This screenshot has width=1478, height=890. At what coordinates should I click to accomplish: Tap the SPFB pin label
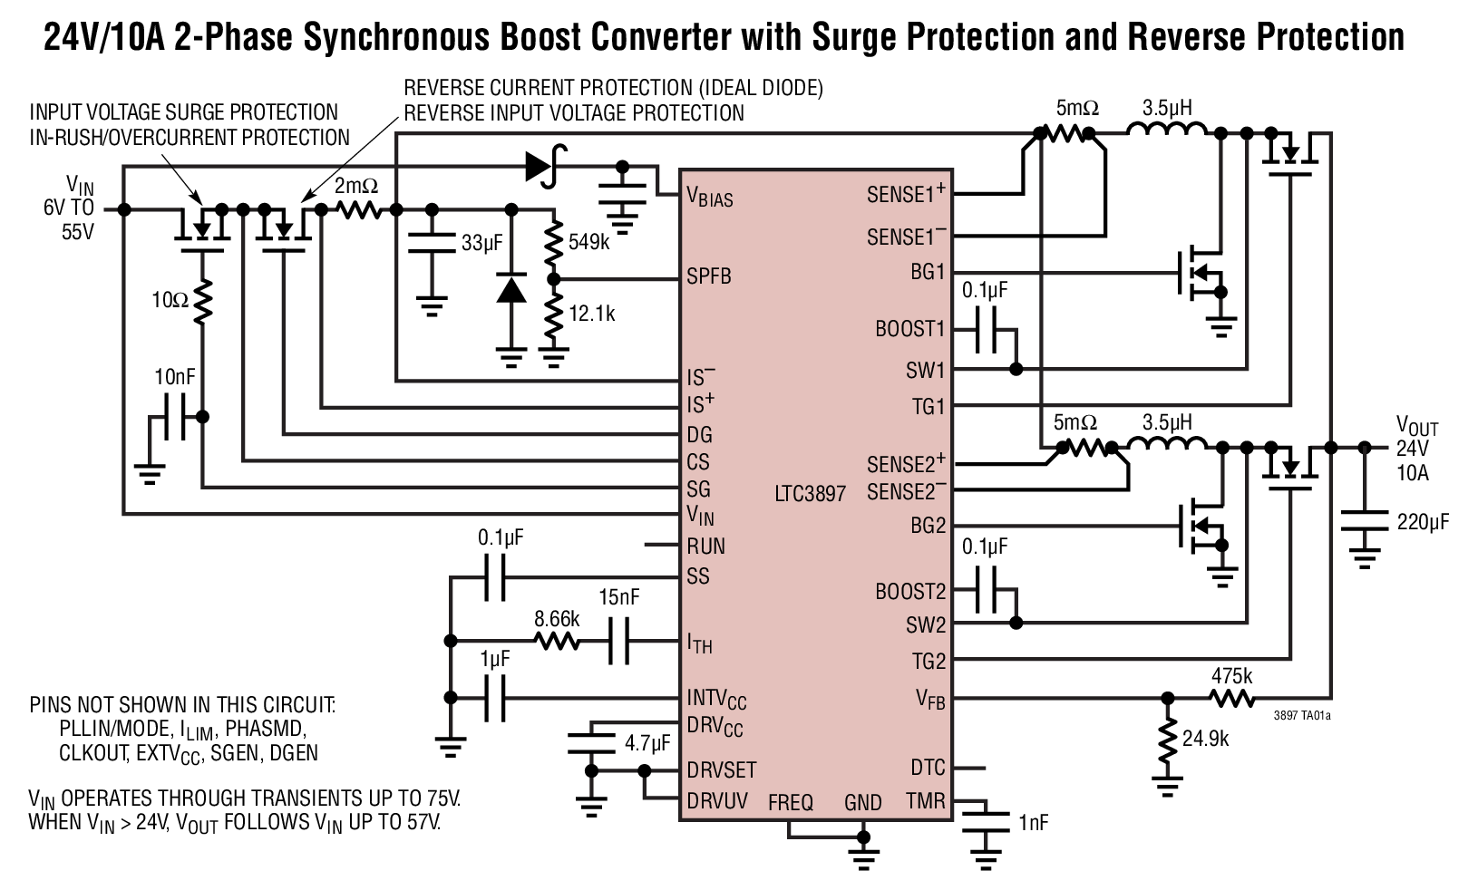point(708,276)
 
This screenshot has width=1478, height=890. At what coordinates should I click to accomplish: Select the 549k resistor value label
point(591,242)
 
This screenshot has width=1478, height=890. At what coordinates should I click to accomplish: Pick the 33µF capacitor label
point(481,243)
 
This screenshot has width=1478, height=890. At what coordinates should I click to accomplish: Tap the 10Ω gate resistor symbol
point(203,300)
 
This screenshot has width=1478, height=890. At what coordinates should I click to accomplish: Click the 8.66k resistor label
point(557,619)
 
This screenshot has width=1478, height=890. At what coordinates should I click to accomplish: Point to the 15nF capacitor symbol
point(618,643)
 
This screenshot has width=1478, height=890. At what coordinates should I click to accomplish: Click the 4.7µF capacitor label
point(647,744)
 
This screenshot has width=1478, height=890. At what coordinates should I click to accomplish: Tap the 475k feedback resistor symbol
point(1231,699)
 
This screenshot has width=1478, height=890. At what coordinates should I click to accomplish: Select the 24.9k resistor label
point(1206,739)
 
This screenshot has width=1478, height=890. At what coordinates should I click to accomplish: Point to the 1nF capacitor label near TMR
point(1033,822)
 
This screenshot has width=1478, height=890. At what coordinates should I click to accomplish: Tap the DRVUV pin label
point(717,801)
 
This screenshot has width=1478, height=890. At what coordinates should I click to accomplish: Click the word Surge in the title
point(855,36)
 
